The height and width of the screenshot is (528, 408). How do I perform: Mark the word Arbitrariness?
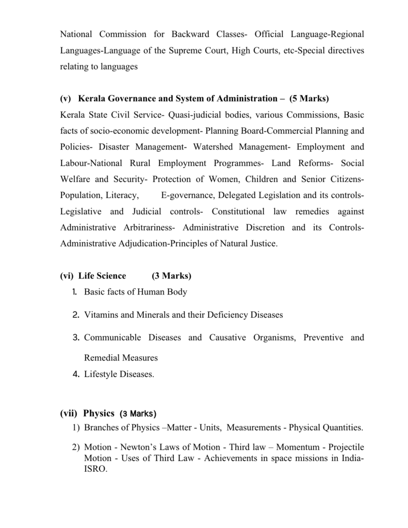pyautogui.click(x=149, y=227)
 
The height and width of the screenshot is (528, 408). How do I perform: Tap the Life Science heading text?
pyautogui.click(x=102, y=276)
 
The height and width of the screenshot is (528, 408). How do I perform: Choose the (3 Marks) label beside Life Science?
pyautogui.click(x=172, y=276)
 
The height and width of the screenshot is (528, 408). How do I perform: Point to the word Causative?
pyautogui.click(x=227, y=338)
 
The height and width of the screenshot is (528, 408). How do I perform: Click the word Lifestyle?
pyautogui.click(x=102, y=375)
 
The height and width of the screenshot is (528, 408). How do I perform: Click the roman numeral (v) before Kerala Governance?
pyautogui.click(x=66, y=98)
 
